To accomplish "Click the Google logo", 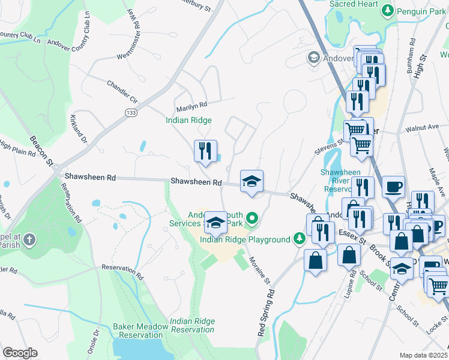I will [20, 353].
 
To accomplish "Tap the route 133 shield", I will [130, 113].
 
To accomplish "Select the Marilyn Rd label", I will [191, 108].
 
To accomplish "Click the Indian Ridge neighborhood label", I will [188, 121].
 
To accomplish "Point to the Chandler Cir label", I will [122, 90].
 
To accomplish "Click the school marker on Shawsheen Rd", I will [252, 181].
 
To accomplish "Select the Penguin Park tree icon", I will [388, 10].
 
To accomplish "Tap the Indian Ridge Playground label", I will [245, 240].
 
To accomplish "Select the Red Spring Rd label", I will [267, 313].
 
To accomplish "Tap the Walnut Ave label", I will [422, 128].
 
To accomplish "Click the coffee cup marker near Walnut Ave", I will [393, 187].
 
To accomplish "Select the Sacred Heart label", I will [354, 4].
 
